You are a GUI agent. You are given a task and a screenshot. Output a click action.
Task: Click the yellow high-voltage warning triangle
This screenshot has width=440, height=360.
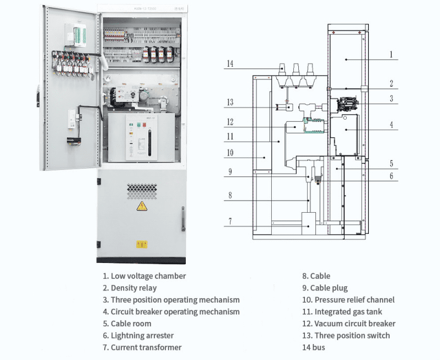pyautogui.click(x=141, y=207)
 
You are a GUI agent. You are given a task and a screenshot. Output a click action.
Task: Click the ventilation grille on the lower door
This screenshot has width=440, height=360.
pyautogui.click(x=142, y=191)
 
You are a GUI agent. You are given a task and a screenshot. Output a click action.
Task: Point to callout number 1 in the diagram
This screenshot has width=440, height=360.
pyautogui.click(x=391, y=54)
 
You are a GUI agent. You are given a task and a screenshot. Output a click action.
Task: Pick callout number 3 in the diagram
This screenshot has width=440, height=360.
pyautogui.click(x=391, y=99)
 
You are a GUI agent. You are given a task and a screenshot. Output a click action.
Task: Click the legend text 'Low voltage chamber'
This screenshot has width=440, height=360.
pyautogui.click(x=144, y=276)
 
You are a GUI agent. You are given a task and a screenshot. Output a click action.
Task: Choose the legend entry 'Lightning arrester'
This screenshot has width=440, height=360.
pyautogui.click(x=138, y=335)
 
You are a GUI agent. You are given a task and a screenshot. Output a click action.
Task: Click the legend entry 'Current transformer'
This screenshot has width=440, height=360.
pyautogui.click(x=142, y=347)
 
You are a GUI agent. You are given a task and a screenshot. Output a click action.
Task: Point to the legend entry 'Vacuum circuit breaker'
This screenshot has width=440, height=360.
pyautogui.click(x=348, y=324)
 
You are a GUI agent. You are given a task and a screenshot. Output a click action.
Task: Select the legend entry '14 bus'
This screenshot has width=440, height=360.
pyautogui.click(x=313, y=347)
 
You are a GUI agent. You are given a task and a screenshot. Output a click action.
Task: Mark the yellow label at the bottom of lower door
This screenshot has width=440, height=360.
pyautogui.click(x=142, y=244)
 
